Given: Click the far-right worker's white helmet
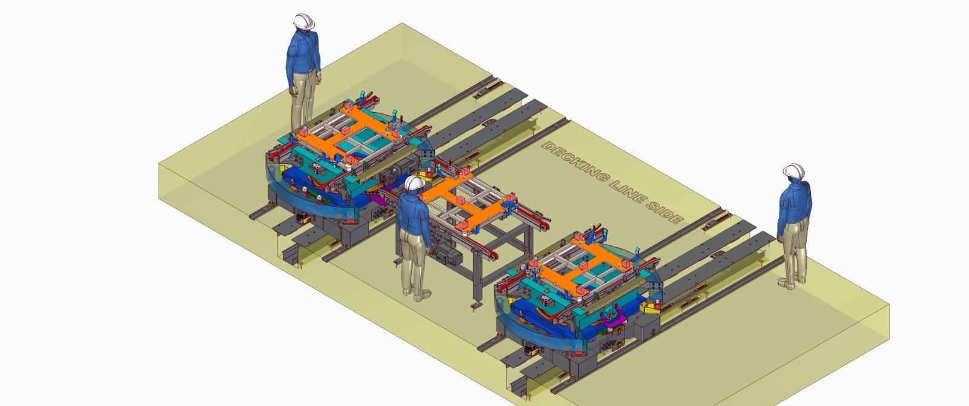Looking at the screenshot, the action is (794, 170).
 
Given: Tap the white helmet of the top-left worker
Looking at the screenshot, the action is (303, 21).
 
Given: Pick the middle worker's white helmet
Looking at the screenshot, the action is (414, 182).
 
